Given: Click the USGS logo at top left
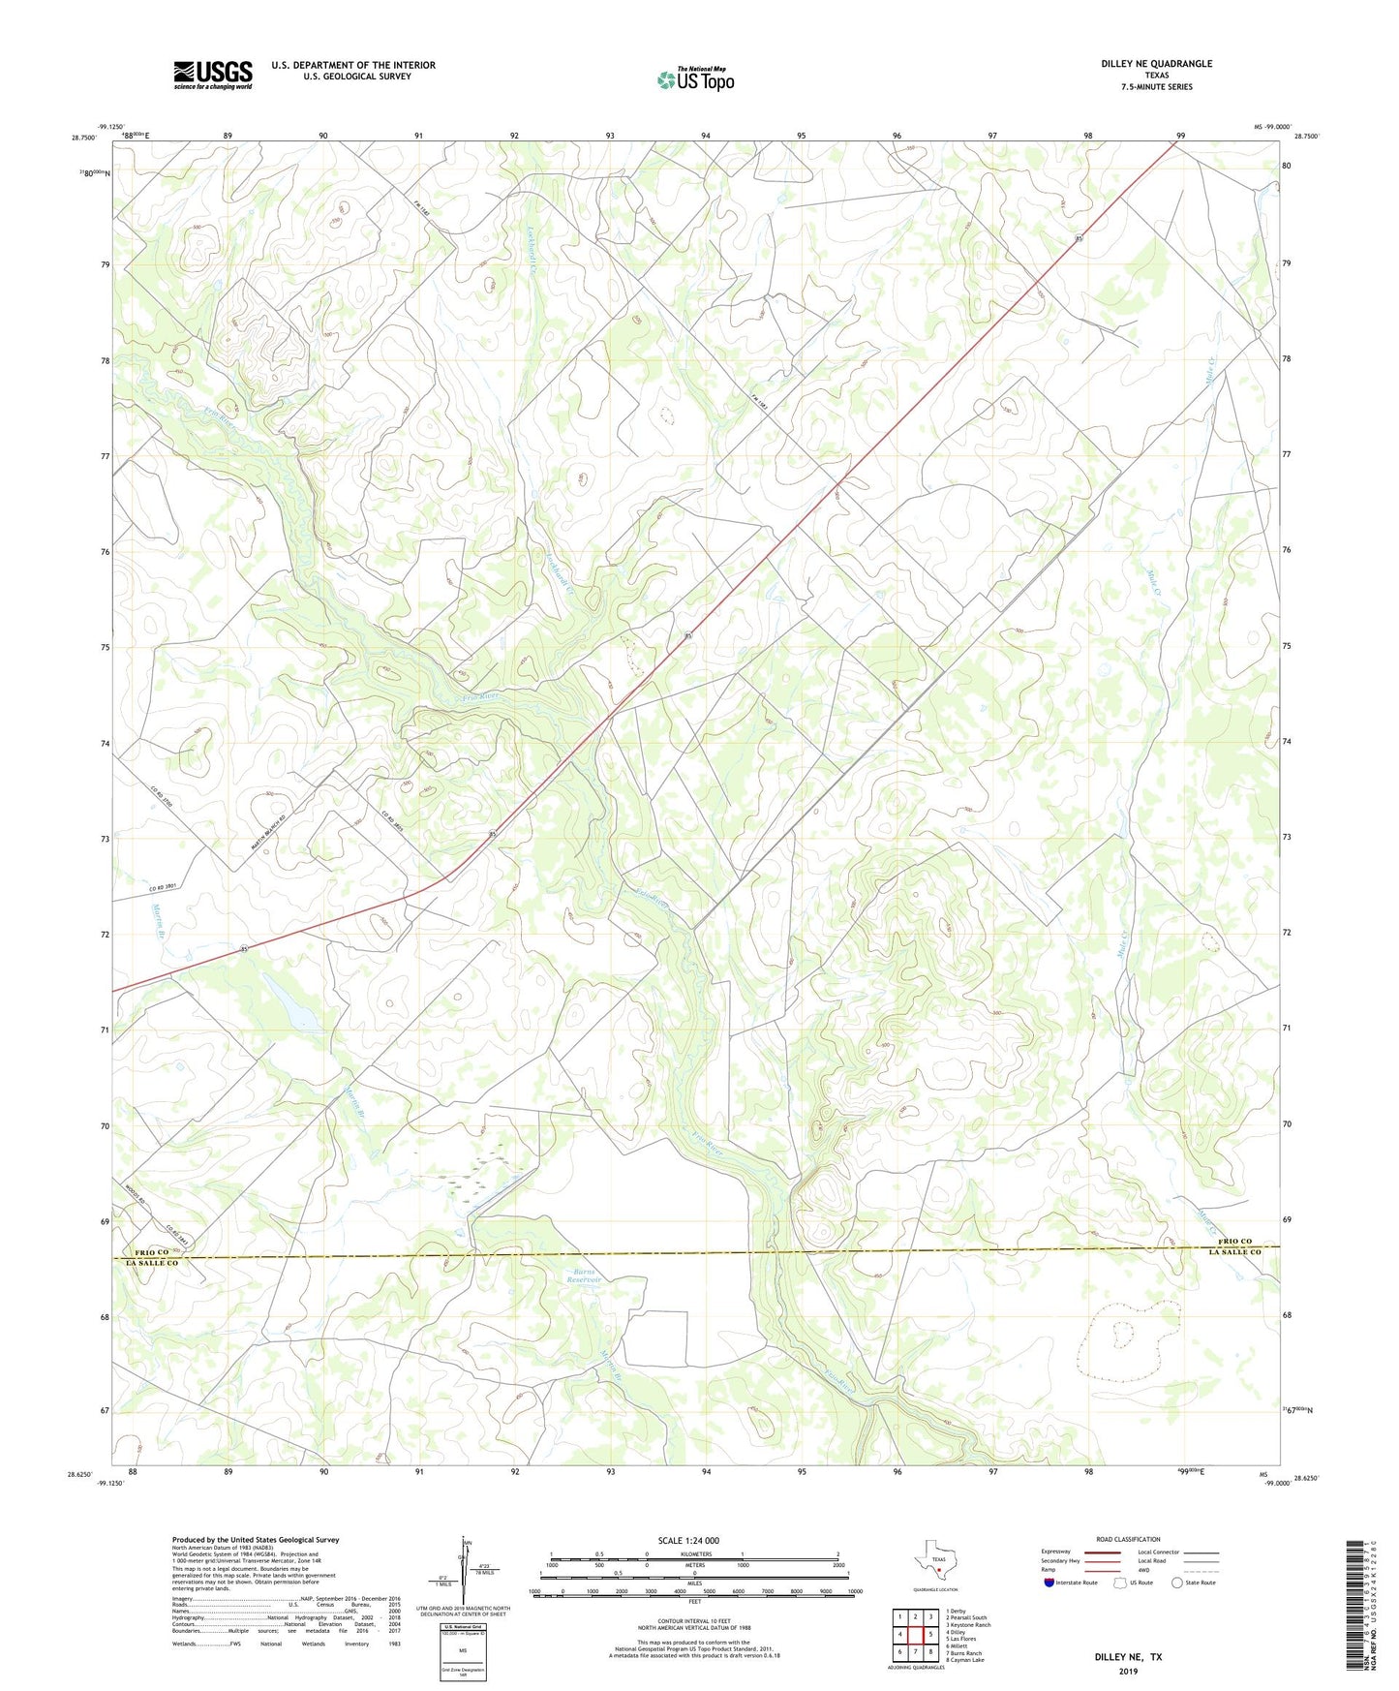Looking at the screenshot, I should (x=212, y=75).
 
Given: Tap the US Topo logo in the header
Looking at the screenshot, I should (x=695, y=78).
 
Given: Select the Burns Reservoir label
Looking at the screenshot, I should (x=585, y=1276).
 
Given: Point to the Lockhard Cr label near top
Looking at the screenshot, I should (x=532, y=250).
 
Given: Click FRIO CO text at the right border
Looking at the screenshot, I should (x=1234, y=1241).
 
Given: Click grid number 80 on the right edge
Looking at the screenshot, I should (x=1286, y=166).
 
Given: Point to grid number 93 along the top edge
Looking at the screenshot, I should (x=610, y=137).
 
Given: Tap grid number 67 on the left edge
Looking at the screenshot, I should (x=104, y=1411).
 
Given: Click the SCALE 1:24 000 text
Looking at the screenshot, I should (x=688, y=1540).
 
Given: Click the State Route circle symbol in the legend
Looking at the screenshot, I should (x=1177, y=1583).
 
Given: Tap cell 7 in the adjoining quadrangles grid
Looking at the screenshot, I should (x=916, y=1651).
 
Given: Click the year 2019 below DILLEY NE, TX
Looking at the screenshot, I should (x=1128, y=1671).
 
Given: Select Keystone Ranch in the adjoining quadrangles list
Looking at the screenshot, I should (x=968, y=1624).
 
